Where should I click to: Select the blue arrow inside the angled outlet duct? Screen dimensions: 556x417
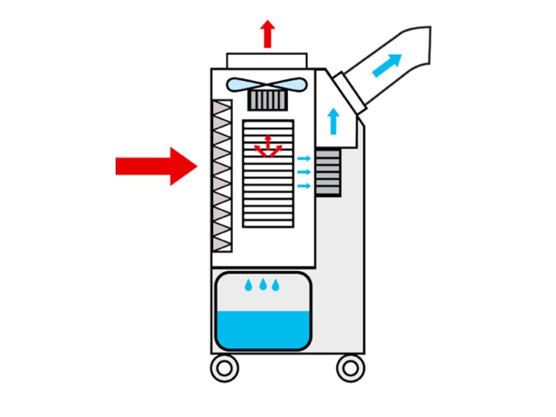(387, 65)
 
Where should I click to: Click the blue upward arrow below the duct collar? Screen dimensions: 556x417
(333, 121)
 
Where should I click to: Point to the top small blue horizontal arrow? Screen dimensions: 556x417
(304, 159)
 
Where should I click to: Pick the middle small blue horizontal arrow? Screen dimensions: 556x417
(304, 172)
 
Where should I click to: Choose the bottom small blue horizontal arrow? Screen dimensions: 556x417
(304, 186)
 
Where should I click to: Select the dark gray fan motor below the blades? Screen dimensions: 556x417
(267, 100)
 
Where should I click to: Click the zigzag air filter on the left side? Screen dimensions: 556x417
(222, 176)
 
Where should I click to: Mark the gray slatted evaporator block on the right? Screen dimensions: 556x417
(328, 173)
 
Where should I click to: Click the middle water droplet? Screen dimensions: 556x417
(263, 285)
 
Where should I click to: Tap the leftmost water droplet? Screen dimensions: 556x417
(249, 285)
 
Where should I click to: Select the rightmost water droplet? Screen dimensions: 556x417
(276, 285)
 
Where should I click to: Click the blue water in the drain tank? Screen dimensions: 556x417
(263, 329)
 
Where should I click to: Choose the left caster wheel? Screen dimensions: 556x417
(224, 368)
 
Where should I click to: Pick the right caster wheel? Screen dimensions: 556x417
(350, 368)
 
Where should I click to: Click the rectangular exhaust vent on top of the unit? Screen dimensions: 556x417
(267, 60)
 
